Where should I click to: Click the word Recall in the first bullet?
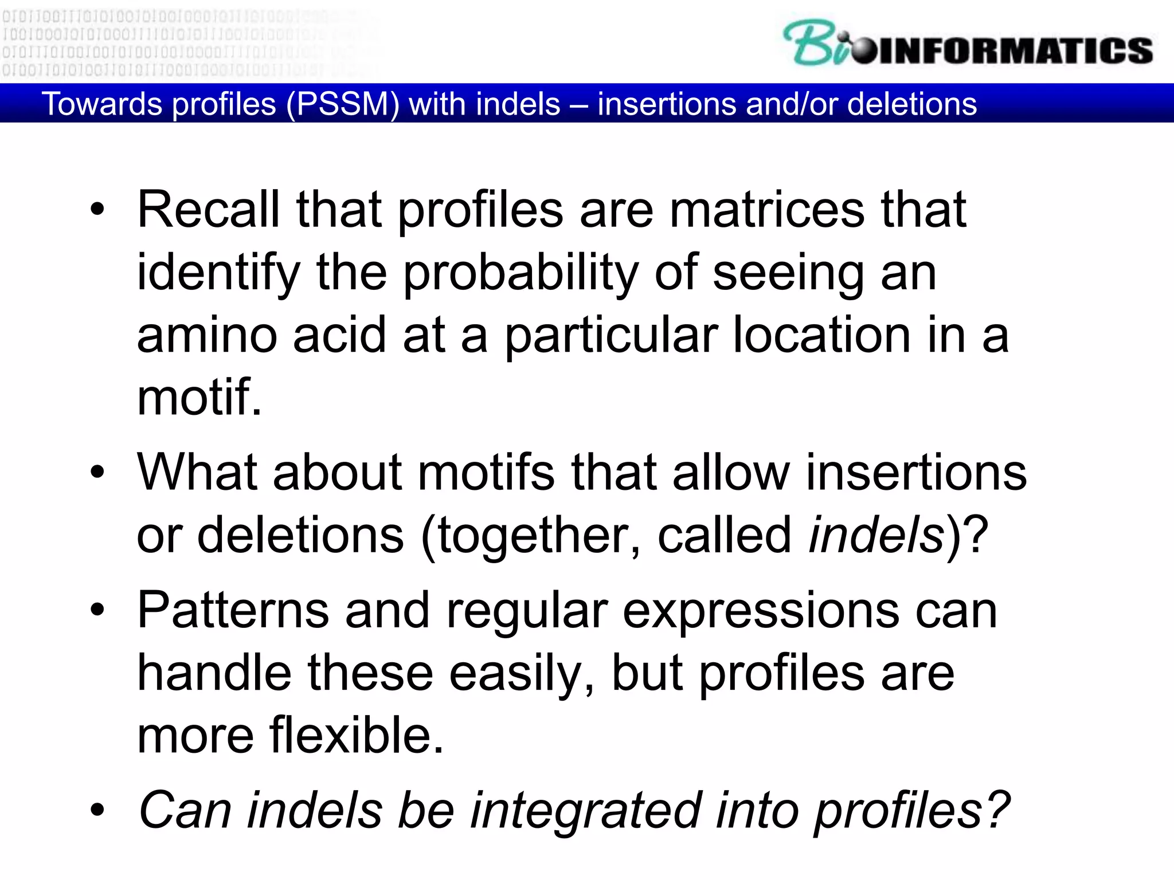[208, 210]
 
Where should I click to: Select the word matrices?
[767, 210]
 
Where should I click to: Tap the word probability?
[521, 273]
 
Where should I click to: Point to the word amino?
[207, 335]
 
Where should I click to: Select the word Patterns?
[233, 611]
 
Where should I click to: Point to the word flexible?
[357, 735]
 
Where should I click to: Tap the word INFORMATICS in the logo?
[1015, 50]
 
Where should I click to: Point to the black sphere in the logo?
[864, 52]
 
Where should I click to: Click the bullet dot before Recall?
[97, 210]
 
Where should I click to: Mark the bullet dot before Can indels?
[97, 810]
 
